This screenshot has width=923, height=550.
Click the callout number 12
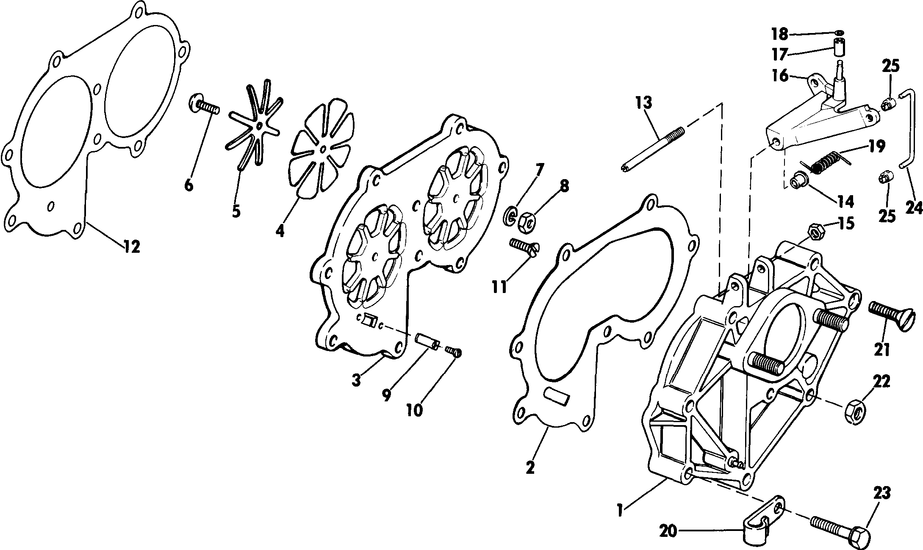[x=132, y=246]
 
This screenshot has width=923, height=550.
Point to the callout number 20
[x=669, y=531]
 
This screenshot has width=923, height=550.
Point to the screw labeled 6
[x=204, y=105]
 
